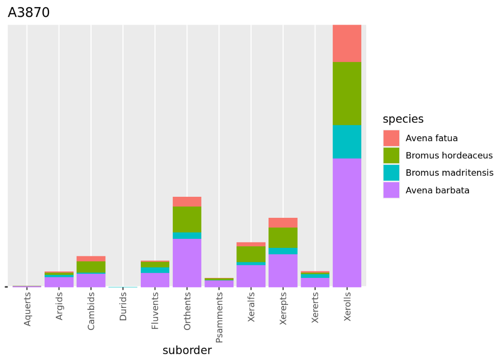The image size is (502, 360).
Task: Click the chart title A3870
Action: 29,13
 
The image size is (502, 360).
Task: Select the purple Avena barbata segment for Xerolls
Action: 347,222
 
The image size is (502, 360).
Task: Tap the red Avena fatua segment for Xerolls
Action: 347,43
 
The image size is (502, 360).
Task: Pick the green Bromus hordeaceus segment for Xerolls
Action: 347,93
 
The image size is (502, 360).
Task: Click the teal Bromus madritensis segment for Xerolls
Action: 347,142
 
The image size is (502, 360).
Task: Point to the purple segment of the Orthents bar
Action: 187,262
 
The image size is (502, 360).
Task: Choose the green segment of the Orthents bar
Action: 187,219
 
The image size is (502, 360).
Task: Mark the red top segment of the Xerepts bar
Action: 283,223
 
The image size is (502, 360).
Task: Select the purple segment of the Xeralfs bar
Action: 251,275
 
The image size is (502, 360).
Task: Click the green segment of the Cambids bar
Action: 91,267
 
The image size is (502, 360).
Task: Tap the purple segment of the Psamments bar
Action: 219,283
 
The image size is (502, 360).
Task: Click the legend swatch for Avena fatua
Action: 391,138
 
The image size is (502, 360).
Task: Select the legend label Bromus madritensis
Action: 449,173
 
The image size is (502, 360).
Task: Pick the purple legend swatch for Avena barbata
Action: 391,190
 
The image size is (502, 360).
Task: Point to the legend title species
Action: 403,119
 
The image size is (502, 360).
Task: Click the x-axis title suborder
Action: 187,350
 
